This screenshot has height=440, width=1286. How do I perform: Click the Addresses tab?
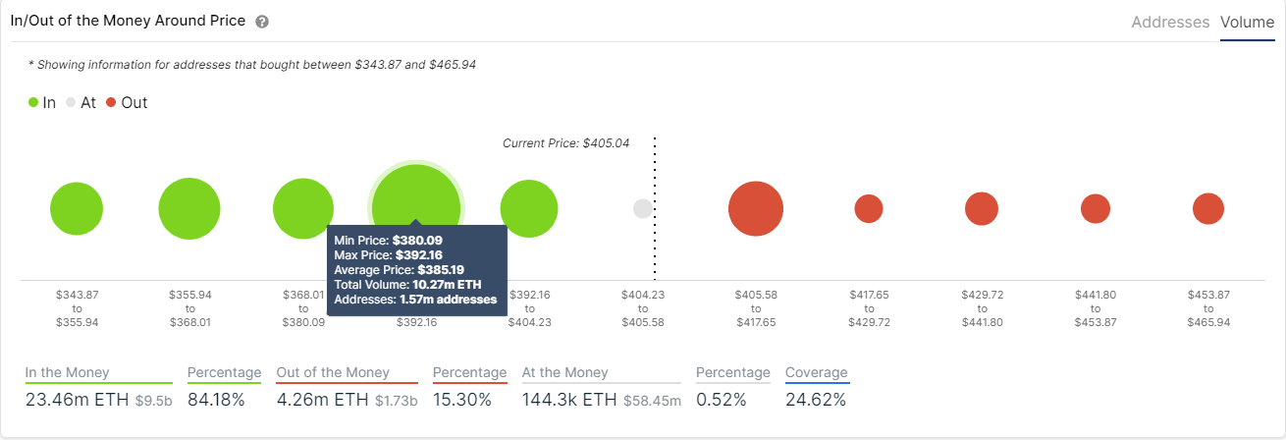point(1170,22)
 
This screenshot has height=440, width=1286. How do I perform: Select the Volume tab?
point(1247,22)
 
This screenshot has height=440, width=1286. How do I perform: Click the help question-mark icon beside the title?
point(261,22)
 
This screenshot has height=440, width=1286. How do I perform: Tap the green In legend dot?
point(33,102)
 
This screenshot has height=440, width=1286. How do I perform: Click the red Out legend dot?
point(111,102)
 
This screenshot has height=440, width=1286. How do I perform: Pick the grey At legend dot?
point(71,102)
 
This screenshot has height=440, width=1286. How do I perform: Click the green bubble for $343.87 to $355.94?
point(77,209)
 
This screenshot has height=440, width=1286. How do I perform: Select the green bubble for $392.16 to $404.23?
point(529,209)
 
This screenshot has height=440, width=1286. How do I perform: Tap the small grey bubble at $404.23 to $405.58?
point(642,209)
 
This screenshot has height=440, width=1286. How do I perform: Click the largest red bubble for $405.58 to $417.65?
point(755,209)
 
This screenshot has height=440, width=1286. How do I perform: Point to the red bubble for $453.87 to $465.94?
point(1207,209)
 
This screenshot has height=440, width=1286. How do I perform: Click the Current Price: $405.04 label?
point(565,143)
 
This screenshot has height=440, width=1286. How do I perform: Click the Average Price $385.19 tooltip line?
point(399,269)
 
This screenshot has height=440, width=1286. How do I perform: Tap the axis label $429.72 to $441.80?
point(981,308)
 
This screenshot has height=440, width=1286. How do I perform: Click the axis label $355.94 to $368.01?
point(189,308)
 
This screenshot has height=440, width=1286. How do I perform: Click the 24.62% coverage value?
point(815,400)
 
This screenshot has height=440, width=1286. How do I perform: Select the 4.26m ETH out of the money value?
point(320,400)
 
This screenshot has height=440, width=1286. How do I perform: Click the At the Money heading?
point(564,373)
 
